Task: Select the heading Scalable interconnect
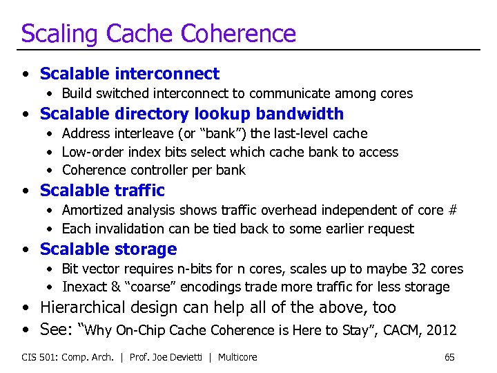[x=130, y=73]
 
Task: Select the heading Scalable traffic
[x=102, y=190]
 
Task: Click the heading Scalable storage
[x=108, y=249]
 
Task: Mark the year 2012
[x=441, y=329]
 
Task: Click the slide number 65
[x=449, y=357]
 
